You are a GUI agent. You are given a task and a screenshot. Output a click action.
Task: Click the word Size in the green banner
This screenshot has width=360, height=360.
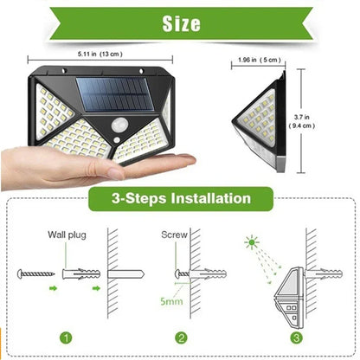179,23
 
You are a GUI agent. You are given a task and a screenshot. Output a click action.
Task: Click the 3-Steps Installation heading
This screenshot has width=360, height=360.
181,199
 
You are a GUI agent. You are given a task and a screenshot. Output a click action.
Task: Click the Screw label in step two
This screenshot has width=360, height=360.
173,235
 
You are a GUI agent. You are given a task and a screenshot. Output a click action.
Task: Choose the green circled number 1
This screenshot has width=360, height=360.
64,338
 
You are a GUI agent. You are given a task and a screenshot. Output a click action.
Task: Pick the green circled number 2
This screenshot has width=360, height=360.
181,338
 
